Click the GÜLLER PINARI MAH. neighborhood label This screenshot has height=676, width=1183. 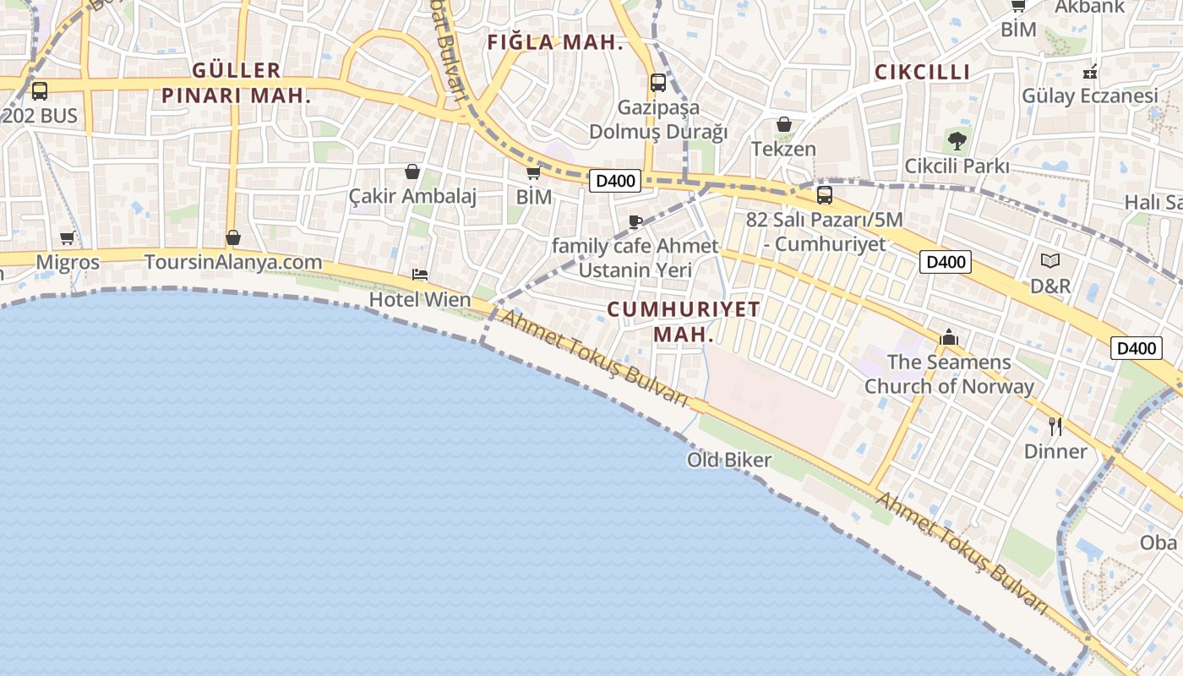point(236,83)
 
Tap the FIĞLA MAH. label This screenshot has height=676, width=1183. point(556,42)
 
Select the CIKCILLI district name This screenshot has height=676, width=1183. point(922,73)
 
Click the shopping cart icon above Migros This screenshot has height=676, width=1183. point(68,238)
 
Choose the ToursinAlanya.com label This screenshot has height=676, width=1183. point(233,262)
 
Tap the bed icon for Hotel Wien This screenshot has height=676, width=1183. point(420,275)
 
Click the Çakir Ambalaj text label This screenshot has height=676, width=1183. point(412,197)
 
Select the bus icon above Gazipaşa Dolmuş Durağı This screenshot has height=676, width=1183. point(658,83)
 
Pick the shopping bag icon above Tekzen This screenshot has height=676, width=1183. point(784,124)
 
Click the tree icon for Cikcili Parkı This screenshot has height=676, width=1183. point(957,140)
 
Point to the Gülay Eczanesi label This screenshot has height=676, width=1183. point(1090,96)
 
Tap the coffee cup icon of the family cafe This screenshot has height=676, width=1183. point(635,222)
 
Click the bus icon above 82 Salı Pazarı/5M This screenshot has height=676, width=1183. point(824,195)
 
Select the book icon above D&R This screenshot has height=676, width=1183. point(1050,261)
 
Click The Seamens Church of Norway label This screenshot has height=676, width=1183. point(949,374)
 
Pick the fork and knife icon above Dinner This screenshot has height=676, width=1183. point(1055,426)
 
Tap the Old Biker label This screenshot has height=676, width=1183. point(728,461)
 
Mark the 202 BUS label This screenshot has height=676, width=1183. point(40,116)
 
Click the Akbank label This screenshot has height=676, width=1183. point(1090,8)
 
